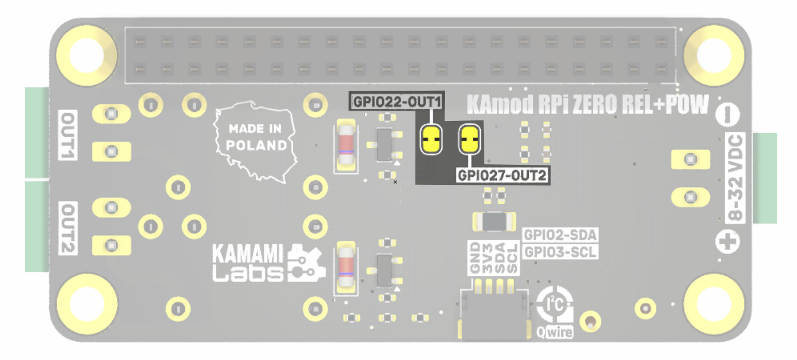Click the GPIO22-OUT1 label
click(397, 102)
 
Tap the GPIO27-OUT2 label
click(502, 175)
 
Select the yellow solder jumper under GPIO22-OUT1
click(431, 139)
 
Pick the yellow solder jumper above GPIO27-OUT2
click(470, 139)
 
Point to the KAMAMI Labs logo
click(269, 263)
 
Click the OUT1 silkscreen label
click(68, 135)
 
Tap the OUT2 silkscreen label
click(68, 228)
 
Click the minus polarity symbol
click(727, 115)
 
